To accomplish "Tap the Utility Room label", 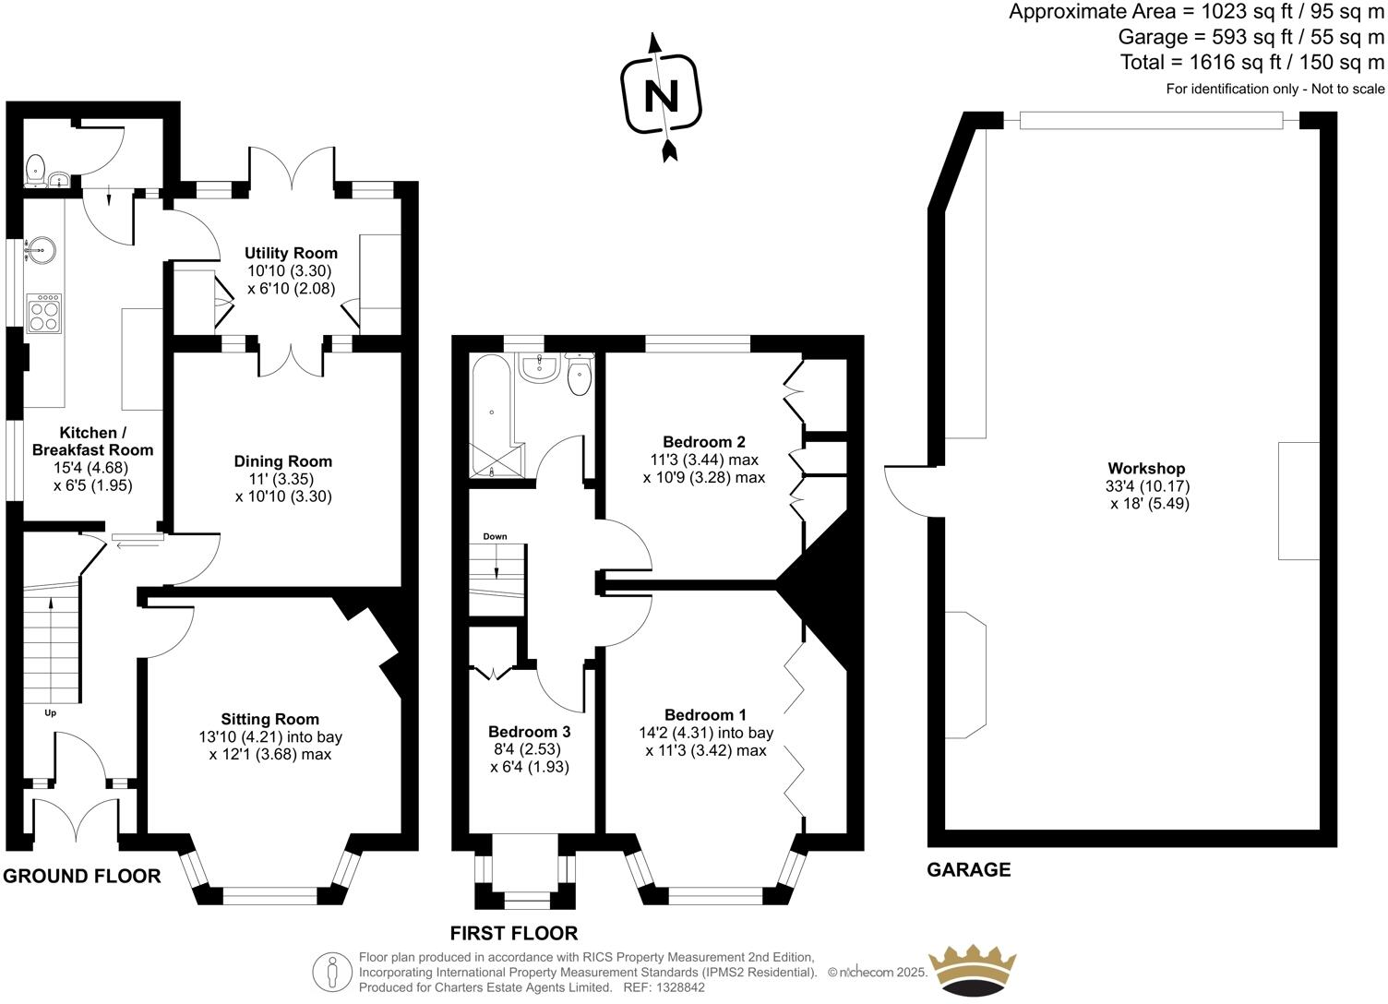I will [291, 253].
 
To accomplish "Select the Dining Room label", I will [282, 461].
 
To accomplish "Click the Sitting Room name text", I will [269, 719].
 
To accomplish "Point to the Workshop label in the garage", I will [1146, 469].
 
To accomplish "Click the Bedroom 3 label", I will [529, 732].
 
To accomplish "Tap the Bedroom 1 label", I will [705, 715].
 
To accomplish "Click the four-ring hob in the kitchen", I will [44, 313].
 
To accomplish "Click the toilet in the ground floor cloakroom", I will [35, 170].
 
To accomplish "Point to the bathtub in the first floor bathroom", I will [490, 415].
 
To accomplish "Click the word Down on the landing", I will [495, 536].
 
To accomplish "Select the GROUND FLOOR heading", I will [82, 876].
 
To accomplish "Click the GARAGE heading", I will [968, 869].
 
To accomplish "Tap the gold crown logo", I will [972, 970].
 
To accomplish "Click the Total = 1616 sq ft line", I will [1251, 62].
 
